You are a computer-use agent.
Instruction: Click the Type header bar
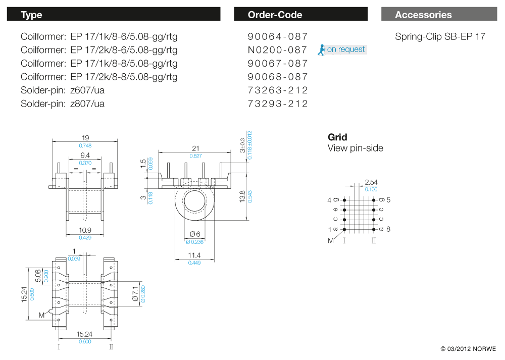pos(113,15)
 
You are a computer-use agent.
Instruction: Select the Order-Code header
pos(300,15)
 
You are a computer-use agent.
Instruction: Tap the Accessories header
pos(439,15)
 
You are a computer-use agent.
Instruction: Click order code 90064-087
pos(278,36)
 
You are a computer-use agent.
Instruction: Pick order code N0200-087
pos(278,50)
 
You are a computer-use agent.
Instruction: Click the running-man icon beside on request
pos(321,49)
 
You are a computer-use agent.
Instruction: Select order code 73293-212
pos(278,104)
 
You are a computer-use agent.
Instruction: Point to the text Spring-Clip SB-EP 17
pos(440,36)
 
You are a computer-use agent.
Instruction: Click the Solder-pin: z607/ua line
pos(63,90)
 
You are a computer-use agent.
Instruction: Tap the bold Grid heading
pos(337,137)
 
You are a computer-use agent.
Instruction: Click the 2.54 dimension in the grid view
pos(371,182)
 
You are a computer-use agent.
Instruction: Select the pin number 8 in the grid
pos(388,230)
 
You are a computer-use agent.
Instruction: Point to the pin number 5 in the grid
pos(388,200)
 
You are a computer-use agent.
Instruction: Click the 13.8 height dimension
pos(242,196)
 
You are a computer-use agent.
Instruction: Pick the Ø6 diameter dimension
pos(195,234)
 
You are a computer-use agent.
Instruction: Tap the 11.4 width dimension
pos(194,255)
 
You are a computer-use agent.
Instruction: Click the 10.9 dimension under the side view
pos(85,230)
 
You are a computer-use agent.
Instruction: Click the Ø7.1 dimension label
pos(135,293)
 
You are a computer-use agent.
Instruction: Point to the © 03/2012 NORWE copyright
pos(468,349)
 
